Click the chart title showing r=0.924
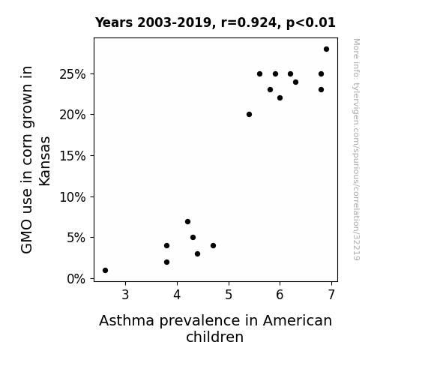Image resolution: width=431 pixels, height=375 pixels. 215,22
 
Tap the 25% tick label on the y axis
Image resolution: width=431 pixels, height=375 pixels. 73,74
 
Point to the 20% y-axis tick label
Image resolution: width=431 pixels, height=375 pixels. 73,115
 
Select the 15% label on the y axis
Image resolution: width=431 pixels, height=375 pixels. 73,156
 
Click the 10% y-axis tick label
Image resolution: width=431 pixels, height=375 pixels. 73,197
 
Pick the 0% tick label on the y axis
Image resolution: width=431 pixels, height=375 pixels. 76,279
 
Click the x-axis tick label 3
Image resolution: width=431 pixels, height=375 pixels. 125,295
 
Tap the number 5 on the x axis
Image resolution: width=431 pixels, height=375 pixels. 229,295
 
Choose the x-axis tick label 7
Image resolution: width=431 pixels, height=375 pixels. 332,295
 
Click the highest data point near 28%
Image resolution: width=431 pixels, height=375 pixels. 326,49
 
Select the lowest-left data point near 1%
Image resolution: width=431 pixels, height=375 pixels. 105,271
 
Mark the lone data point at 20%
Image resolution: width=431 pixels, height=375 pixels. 249,115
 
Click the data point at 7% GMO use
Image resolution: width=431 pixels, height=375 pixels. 187,221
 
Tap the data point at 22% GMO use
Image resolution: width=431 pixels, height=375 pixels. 280,98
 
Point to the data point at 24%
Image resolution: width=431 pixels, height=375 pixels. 295,82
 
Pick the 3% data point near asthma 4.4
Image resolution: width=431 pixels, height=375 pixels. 197,254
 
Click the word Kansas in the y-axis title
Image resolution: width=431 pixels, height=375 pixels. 44,161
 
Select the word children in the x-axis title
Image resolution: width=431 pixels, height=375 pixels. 214,337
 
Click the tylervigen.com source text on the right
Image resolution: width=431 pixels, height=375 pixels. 356,149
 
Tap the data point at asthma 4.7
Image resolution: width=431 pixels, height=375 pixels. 213,246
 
